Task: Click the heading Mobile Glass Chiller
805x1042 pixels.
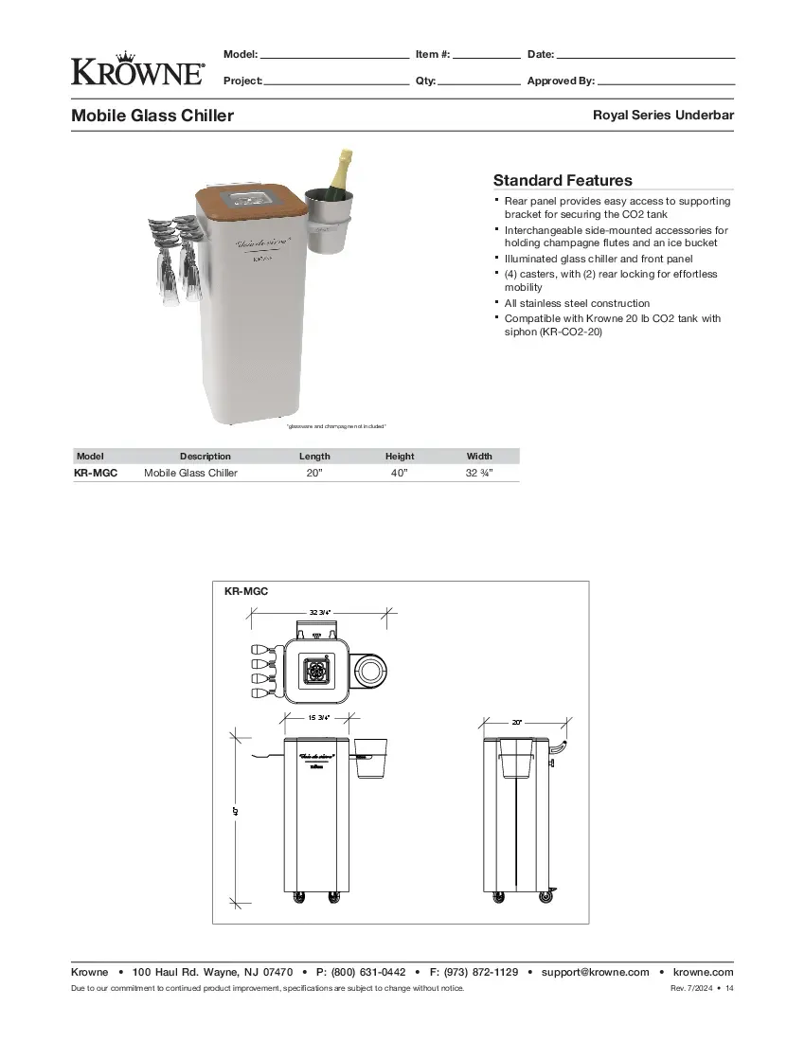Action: [152, 116]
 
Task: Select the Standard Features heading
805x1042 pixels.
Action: [563, 180]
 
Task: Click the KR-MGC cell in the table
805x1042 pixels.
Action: [96, 473]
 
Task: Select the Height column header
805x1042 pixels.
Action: [400, 456]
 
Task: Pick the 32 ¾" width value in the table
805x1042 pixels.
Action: [479, 473]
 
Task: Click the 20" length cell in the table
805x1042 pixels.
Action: [314, 473]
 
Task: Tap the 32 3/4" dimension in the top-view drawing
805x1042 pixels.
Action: [320, 613]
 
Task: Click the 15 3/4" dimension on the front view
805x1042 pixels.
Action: [318, 718]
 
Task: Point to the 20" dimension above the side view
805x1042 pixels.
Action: [517, 722]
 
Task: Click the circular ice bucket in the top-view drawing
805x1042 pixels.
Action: [370, 672]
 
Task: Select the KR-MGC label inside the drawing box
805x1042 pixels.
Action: [246, 591]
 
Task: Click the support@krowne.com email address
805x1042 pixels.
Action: [595, 972]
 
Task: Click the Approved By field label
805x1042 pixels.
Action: [561, 81]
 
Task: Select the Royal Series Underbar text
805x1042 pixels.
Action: [663, 116]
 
